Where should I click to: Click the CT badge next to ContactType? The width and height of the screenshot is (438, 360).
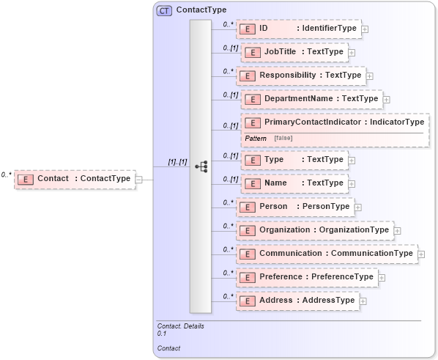pos(165,11)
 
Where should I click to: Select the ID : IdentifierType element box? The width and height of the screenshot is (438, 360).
pos(299,29)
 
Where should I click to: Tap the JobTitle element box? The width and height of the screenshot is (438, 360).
pos(294,52)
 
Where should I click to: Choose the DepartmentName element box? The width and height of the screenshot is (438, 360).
pos(311,99)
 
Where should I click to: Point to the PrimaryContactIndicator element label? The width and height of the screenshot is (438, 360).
pos(334,122)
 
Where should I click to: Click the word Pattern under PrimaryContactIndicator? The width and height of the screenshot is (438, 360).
pos(256,138)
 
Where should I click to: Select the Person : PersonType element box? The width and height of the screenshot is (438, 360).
pos(295,207)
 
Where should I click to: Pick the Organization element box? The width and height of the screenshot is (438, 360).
pos(314,230)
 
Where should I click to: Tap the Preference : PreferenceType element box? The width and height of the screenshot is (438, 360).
pos(306,277)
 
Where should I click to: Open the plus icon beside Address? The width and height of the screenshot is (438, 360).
pos(363,301)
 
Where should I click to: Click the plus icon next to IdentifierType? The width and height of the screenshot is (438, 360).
pos(365,29)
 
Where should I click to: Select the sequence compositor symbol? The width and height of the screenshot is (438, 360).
pos(201,167)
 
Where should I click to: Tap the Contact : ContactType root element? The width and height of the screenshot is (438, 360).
pos(75,178)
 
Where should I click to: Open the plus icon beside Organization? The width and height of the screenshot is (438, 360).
pos(397,231)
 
